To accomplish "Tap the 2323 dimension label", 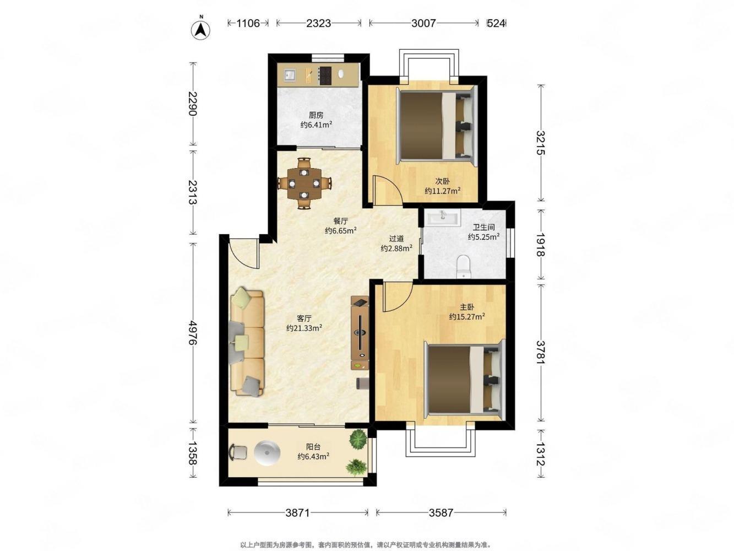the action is (x=318, y=23).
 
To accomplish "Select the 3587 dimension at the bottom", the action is (x=441, y=512).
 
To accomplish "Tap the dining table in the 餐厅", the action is (x=304, y=183).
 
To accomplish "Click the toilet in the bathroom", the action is (x=464, y=266).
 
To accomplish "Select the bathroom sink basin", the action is (x=443, y=218).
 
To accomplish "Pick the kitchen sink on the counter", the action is (x=55, y=75).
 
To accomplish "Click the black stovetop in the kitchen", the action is (x=90, y=75).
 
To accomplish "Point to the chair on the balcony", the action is (x=238, y=452).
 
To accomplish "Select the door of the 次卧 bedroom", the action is (x=388, y=190).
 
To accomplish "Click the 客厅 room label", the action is (x=304, y=318).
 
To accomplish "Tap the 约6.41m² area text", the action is (x=316, y=125).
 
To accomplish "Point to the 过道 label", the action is (x=396, y=239).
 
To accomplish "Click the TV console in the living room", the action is (x=360, y=333).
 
